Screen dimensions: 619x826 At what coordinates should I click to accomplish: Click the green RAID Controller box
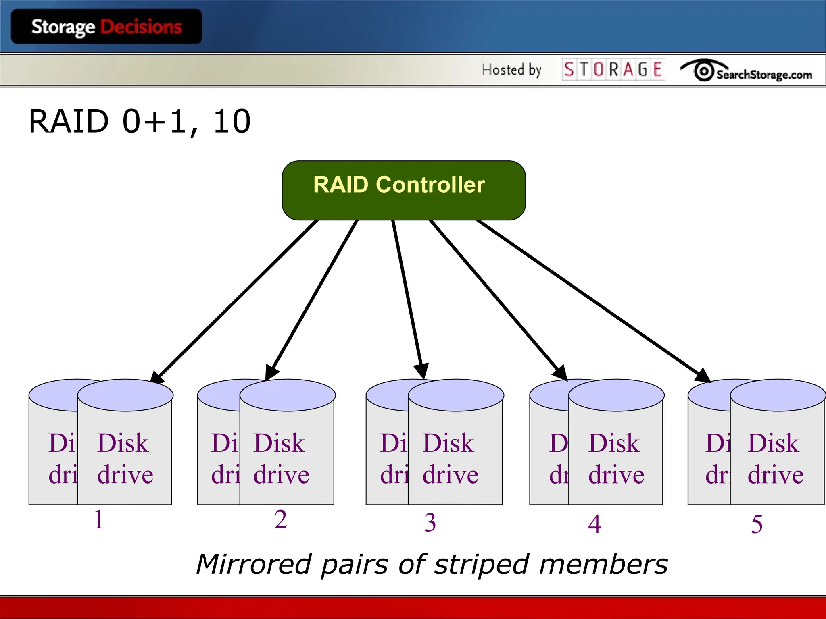tap(403, 190)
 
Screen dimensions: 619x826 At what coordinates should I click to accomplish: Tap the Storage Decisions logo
tap(106, 27)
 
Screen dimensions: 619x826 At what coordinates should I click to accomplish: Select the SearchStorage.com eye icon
tap(704, 71)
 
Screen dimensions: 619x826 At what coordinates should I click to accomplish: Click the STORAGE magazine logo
tap(613, 69)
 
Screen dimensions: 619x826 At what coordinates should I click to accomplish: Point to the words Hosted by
tap(511, 70)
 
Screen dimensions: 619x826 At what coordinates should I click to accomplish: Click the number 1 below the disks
tap(99, 519)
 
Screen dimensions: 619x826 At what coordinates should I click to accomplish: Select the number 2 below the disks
tap(281, 519)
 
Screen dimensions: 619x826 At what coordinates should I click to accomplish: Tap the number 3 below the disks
tap(430, 523)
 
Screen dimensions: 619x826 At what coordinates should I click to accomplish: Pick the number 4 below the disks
tap(594, 524)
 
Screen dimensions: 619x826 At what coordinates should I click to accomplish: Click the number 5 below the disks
tap(757, 524)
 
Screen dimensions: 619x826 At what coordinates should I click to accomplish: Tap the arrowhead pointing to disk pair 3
tap(421, 370)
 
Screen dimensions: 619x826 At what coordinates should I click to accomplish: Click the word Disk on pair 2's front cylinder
tap(279, 443)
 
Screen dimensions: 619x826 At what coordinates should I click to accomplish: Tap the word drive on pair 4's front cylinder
tap(616, 475)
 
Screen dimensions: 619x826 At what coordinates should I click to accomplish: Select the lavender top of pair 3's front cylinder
tap(456, 395)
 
